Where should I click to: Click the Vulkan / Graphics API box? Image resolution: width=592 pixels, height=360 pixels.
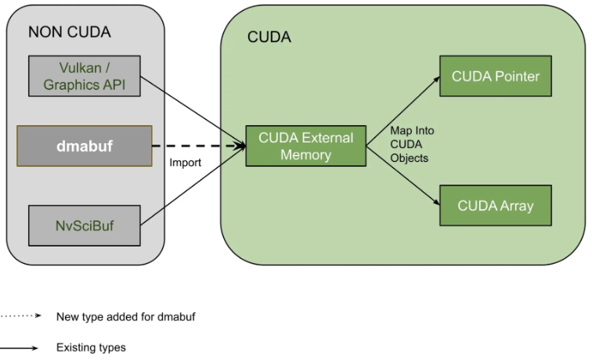click(85, 76)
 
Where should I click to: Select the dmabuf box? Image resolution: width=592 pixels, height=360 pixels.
click(85, 146)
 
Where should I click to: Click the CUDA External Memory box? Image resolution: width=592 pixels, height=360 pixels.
click(305, 146)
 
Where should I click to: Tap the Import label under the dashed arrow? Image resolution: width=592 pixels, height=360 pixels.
click(186, 164)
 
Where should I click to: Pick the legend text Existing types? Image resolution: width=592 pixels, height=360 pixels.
click(91, 347)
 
